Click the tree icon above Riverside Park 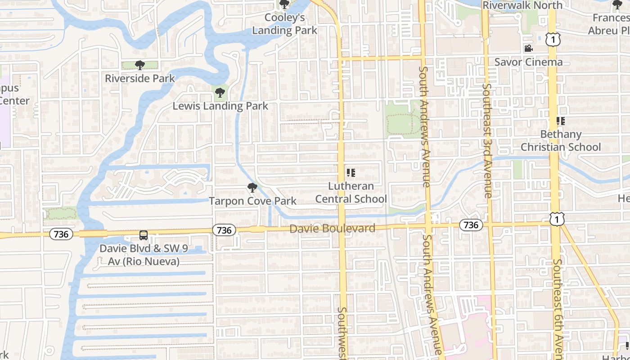(140, 65)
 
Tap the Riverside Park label (140, 78)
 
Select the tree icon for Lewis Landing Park (220, 93)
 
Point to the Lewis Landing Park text (220, 106)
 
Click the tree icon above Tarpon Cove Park (252, 188)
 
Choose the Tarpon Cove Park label (252, 201)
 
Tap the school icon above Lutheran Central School (351, 173)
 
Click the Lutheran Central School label (351, 193)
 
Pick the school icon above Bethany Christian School (560, 121)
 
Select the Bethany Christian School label (561, 141)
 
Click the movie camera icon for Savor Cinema (528, 49)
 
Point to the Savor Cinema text (528, 62)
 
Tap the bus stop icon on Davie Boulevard (143, 235)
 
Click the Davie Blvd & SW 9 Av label (144, 255)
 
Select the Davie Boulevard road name (332, 229)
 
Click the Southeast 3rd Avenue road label (487, 141)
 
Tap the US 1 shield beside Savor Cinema (553, 40)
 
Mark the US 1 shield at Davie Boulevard (557, 219)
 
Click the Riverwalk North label (522, 5)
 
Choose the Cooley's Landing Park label (284, 24)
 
